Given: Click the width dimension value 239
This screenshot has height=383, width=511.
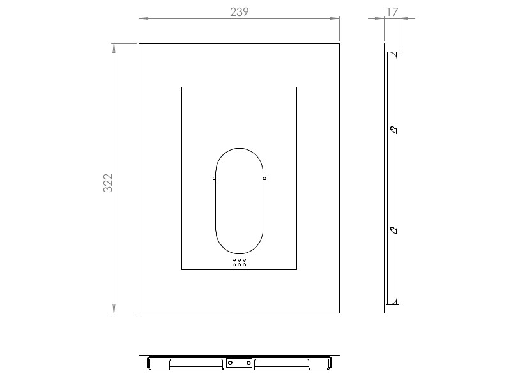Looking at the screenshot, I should [x=238, y=12].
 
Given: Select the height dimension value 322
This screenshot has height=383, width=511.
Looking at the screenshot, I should [x=108, y=183].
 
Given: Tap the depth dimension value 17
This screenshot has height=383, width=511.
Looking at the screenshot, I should [x=392, y=11].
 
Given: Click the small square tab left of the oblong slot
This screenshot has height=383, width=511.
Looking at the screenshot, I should [x=214, y=179].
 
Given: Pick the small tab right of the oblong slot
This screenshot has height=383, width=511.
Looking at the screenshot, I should [x=264, y=179].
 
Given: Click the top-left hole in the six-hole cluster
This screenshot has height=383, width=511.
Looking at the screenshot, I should [x=234, y=260].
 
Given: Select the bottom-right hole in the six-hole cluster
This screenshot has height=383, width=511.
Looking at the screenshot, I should [x=245, y=265].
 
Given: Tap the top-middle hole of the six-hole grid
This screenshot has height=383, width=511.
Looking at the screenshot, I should [x=240, y=260].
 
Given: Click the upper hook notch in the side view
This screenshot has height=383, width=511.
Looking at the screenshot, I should [x=393, y=130].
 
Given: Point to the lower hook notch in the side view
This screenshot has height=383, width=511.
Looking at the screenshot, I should [x=393, y=229].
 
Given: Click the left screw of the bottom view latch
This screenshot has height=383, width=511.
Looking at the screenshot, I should [x=230, y=363].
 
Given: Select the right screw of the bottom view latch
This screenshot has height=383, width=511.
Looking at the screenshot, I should [x=248, y=363].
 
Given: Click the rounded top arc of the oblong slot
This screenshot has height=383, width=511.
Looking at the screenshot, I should [x=240, y=148].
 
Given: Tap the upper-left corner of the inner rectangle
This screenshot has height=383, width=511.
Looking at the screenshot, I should [x=182, y=87].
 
